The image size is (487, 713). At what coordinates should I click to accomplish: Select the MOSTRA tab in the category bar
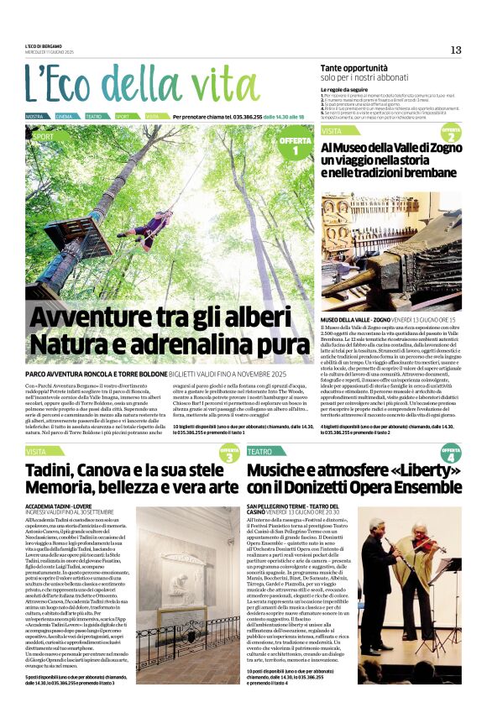tap(35, 116)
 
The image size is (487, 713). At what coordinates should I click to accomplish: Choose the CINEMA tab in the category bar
tap(65, 116)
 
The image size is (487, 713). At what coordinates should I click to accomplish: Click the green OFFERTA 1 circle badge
tap(296, 146)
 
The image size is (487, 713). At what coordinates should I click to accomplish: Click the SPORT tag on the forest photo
tap(44, 135)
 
